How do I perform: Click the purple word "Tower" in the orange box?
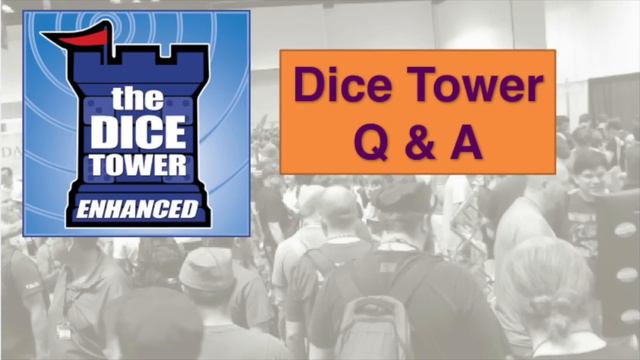[471, 90]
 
